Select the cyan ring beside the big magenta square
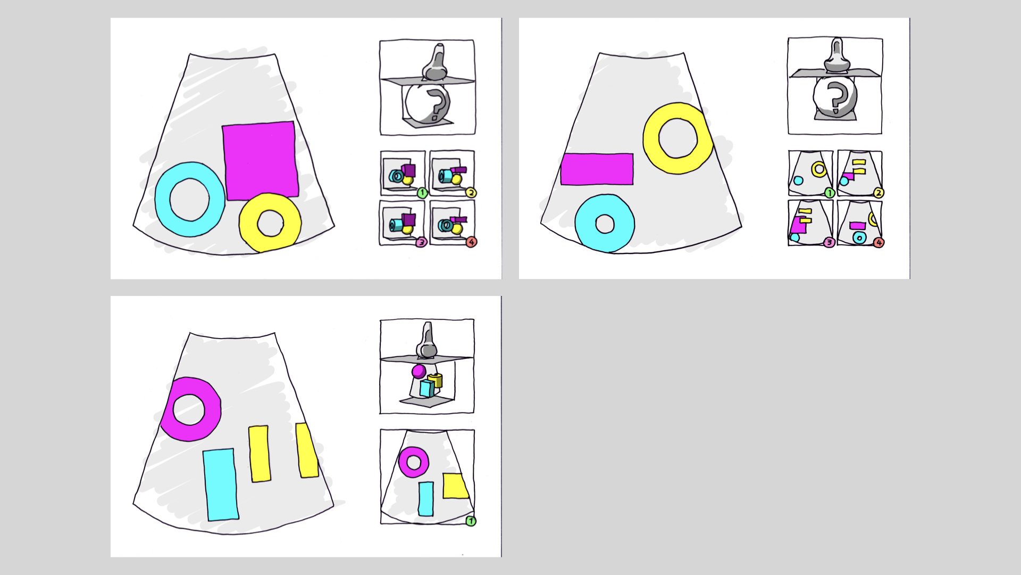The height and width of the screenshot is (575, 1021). click(164, 200)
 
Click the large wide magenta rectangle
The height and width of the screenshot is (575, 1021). click(597, 169)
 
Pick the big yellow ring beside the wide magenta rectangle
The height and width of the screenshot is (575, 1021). click(651, 138)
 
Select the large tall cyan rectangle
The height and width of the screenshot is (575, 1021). click(220, 484)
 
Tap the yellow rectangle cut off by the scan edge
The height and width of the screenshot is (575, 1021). click(307, 450)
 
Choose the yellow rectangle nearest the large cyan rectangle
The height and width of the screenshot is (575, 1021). click(259, 454)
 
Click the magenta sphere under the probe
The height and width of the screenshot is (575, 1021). click(419, 371)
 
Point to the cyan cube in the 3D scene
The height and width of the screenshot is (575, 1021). click(426, 388)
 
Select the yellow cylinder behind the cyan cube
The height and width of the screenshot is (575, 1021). click(437, 380)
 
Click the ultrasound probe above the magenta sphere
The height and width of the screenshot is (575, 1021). click(427, 341)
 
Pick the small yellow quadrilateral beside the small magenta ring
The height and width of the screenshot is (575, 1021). click(455, 486)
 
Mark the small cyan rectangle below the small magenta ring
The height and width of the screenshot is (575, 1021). click(425, 499)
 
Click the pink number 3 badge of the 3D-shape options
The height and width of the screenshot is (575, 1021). click(421, 242)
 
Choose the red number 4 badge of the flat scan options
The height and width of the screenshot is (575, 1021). click(878, 242)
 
